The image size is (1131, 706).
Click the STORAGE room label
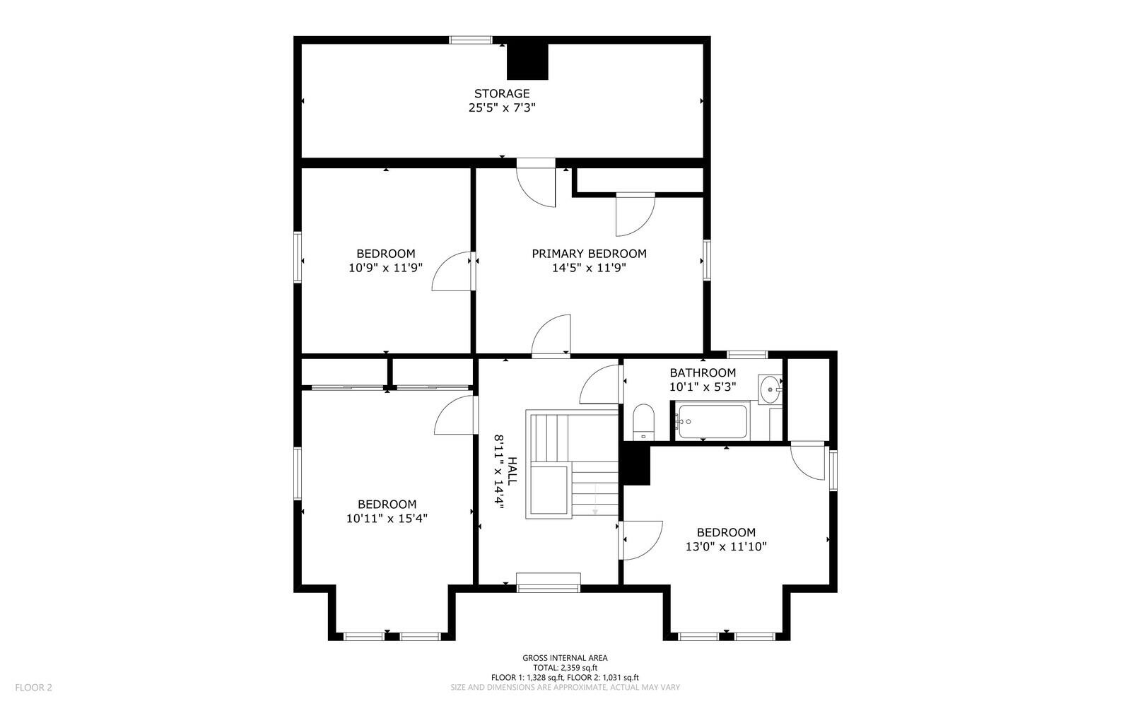click(501, 93)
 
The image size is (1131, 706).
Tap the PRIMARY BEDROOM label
click(589, 253)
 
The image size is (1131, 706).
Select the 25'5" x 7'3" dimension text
click(501, 107)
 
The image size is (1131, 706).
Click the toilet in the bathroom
click(643, 422)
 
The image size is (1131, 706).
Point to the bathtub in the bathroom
click(713, 421)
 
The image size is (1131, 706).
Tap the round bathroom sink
click(770, 389)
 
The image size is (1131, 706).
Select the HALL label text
click(512, 471)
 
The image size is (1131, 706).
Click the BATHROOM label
click(703, 372)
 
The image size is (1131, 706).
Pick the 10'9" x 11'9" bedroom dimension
click(385, 267)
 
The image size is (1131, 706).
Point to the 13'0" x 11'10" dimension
click(726, 546)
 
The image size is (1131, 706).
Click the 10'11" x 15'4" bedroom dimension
click(387, 518)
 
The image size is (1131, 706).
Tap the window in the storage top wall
click(471, 40)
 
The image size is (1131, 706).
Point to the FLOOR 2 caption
click(33, 688)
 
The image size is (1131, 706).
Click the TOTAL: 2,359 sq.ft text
click(565, 668)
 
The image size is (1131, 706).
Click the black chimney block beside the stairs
click(637, 465)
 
